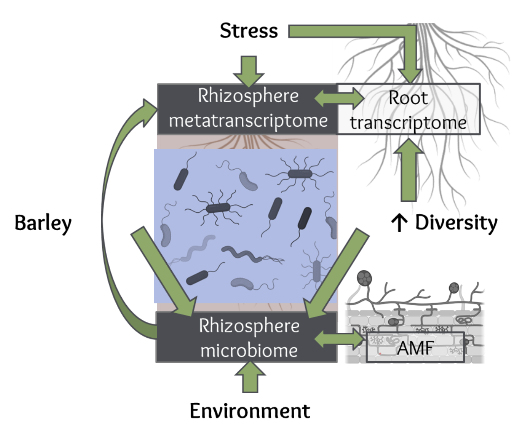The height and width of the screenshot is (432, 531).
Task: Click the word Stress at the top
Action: tap(249, 31)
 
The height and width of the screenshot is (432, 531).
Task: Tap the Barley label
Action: tap(43, 223)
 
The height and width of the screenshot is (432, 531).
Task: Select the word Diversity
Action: tap(456, 222)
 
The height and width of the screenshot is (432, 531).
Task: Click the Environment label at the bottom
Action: tap(250, 411)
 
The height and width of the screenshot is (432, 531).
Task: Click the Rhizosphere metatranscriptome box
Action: tap(248, 109)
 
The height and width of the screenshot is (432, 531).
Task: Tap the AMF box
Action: tap(415, 347)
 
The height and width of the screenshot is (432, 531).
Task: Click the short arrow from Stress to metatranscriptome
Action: tap(249, 70)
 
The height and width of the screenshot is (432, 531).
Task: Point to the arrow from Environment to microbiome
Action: tap(250, 377)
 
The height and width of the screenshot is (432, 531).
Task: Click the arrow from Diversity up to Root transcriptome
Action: tap(409, 171)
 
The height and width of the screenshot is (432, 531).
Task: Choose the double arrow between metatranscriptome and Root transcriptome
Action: tap(339, 98)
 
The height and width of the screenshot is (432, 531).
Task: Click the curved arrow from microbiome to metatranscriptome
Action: tap(109, 217)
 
